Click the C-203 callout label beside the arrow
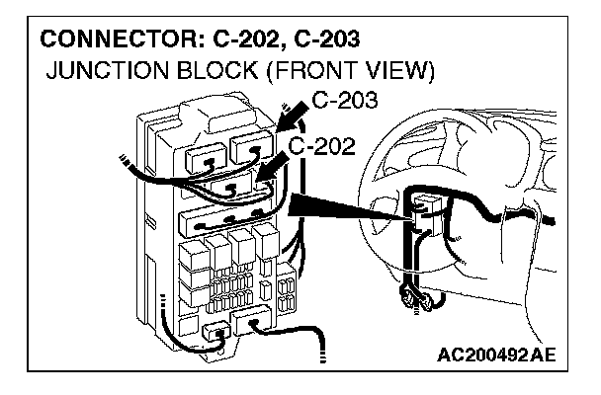click(344, 101)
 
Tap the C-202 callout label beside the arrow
click(322, 147)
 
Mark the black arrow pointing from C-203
click(291, 118)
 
